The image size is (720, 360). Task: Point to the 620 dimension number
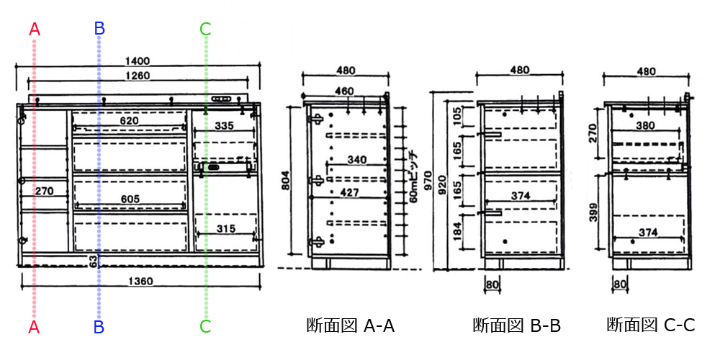tap(129, 121)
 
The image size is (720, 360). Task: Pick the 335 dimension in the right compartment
tap(225, 125)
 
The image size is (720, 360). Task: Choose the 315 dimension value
tap(225, 229)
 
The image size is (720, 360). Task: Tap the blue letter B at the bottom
tap(99, 327)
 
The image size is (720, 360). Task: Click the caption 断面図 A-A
tap(350, 325)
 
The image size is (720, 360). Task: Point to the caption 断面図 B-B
tap(516, 325)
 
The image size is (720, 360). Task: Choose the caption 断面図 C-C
tap(650, 325)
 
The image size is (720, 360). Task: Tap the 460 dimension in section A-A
tap(345, 91)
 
